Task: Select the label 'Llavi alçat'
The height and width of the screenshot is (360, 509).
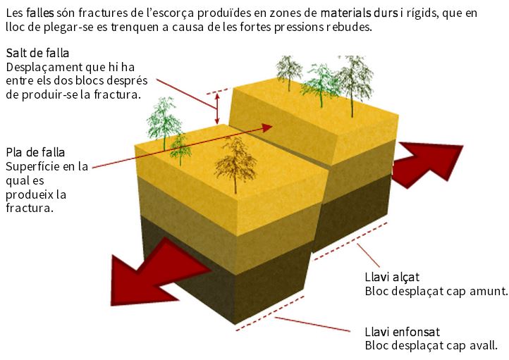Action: point(392,277)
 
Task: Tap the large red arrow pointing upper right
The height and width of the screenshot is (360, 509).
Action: point(427,164)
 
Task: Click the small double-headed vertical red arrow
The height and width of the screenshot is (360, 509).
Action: point(218,108)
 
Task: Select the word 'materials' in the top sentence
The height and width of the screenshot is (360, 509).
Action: point(347,13)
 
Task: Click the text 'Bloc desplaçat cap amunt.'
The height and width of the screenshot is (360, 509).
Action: point(436,291)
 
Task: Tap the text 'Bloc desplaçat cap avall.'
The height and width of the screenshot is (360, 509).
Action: point(431,345)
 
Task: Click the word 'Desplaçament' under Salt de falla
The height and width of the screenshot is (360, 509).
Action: point(39,68)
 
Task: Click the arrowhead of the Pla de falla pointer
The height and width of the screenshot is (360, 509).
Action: point(266,128)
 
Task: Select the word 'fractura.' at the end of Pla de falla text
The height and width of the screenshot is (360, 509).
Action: point(29,209)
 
